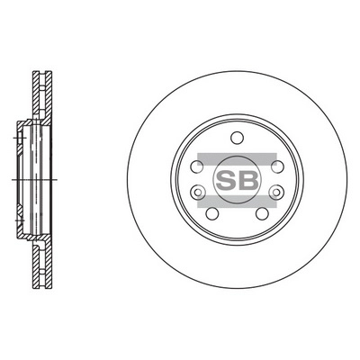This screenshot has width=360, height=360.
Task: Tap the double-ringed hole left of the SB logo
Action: pos(198,191)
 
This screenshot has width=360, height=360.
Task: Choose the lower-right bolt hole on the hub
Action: pos(260,213)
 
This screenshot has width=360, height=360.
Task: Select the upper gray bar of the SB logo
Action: pos(236,158)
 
